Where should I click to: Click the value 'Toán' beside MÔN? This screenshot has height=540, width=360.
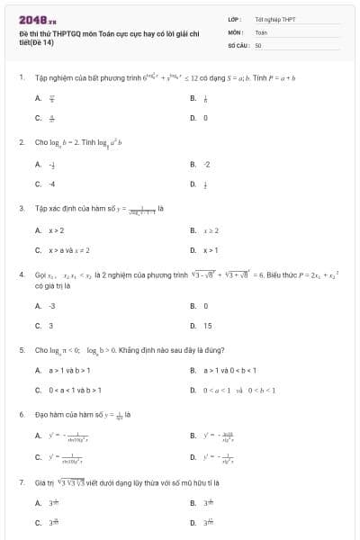pyautogui.click(x=261, y=31)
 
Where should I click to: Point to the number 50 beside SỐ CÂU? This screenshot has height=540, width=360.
pyautogui.click(x=257, y=44)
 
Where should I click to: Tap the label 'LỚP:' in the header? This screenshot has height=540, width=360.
pyautogui.click(x=233, y=19)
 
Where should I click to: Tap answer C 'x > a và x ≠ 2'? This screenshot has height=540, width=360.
pyautogui.click(x=68, y=250)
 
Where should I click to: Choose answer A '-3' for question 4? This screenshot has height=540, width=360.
pyautogui.click(x=52, y=306)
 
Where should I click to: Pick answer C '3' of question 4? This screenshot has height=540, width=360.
pyautogui.click(x=50, y=326)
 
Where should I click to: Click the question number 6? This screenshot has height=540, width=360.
pyautogui.click(x=21, y=415)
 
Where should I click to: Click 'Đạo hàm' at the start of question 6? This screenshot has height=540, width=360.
pyautogui.click(x=49, y=415)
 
